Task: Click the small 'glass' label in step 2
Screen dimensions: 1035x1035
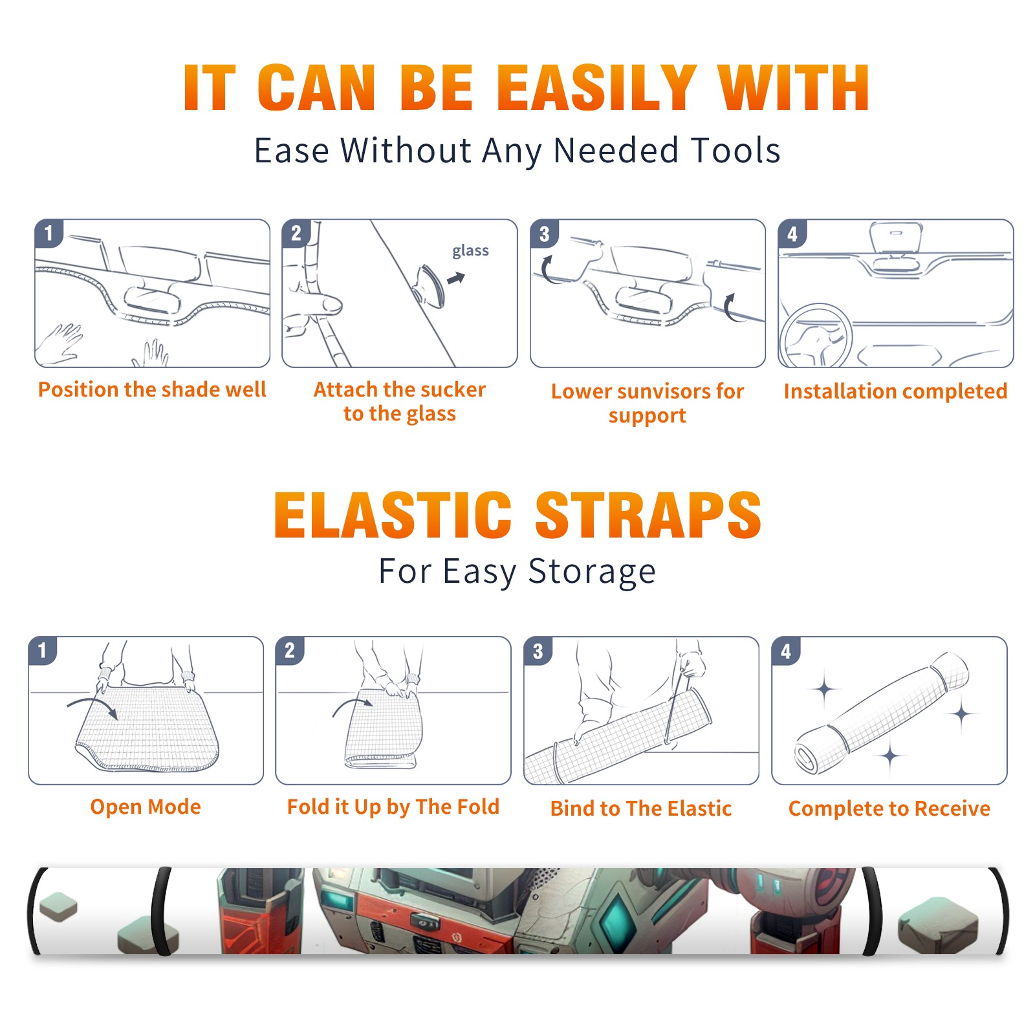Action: coord(470,251)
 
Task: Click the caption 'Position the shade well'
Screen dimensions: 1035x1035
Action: coord(152,389)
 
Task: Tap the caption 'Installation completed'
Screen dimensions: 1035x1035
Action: coord(895,391)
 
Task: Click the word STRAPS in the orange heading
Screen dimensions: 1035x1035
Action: coord(648,515)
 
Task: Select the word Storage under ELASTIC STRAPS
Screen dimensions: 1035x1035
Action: coord(592,572)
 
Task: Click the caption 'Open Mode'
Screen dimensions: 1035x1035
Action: coord(146,807)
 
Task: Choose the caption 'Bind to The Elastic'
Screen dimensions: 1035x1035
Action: coord(641,809)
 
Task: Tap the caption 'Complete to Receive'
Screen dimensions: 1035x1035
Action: coord(889,809)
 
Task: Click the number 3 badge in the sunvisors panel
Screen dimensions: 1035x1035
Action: coord(544,234)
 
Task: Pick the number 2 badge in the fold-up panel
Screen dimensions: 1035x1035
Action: coord(290,651)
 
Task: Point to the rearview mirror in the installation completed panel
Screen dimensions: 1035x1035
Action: coord(896,237)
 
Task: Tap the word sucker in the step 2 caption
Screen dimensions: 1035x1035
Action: coord(455,389)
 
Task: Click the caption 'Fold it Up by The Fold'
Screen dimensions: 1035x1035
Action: coord(393,807)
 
